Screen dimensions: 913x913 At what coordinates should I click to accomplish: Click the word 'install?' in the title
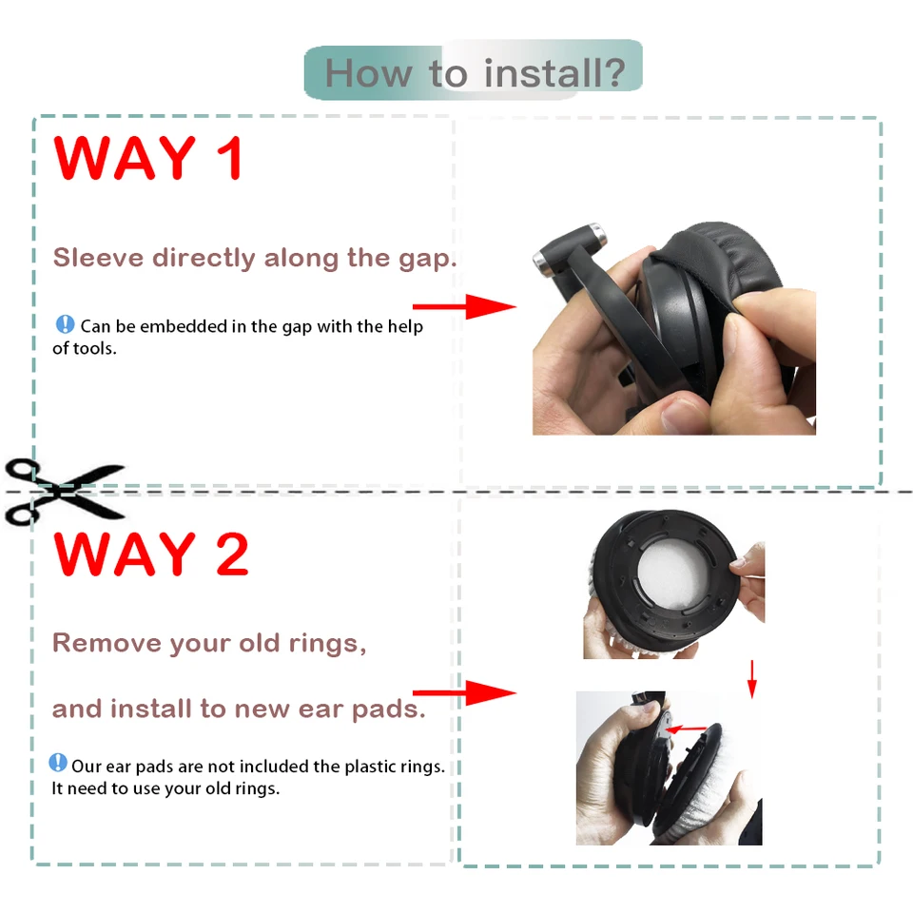coord(554,73)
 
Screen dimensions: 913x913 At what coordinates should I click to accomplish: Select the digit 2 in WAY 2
coord(232,554)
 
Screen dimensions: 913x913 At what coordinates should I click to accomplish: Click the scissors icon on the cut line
coord(64,492)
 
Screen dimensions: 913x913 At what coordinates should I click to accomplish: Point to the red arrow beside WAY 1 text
coord(464,306)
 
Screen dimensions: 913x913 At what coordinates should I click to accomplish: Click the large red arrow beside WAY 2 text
coord(464,693)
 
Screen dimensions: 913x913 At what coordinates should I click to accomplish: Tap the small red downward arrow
coord(751,679)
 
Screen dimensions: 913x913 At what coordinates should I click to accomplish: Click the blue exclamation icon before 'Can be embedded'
coord(65,324)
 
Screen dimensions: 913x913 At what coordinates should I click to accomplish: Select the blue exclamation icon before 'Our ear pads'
coord(58,763)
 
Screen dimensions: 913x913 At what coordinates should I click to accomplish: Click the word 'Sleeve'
coord(98,258)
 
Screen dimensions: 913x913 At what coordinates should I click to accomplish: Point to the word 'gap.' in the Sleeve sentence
coord(427,259)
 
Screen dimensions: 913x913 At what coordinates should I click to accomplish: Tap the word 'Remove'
coord(107,643)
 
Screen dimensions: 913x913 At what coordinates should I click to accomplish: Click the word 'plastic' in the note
coord(370,767)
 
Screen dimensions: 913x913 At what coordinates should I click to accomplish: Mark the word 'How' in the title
coord(368,74)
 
